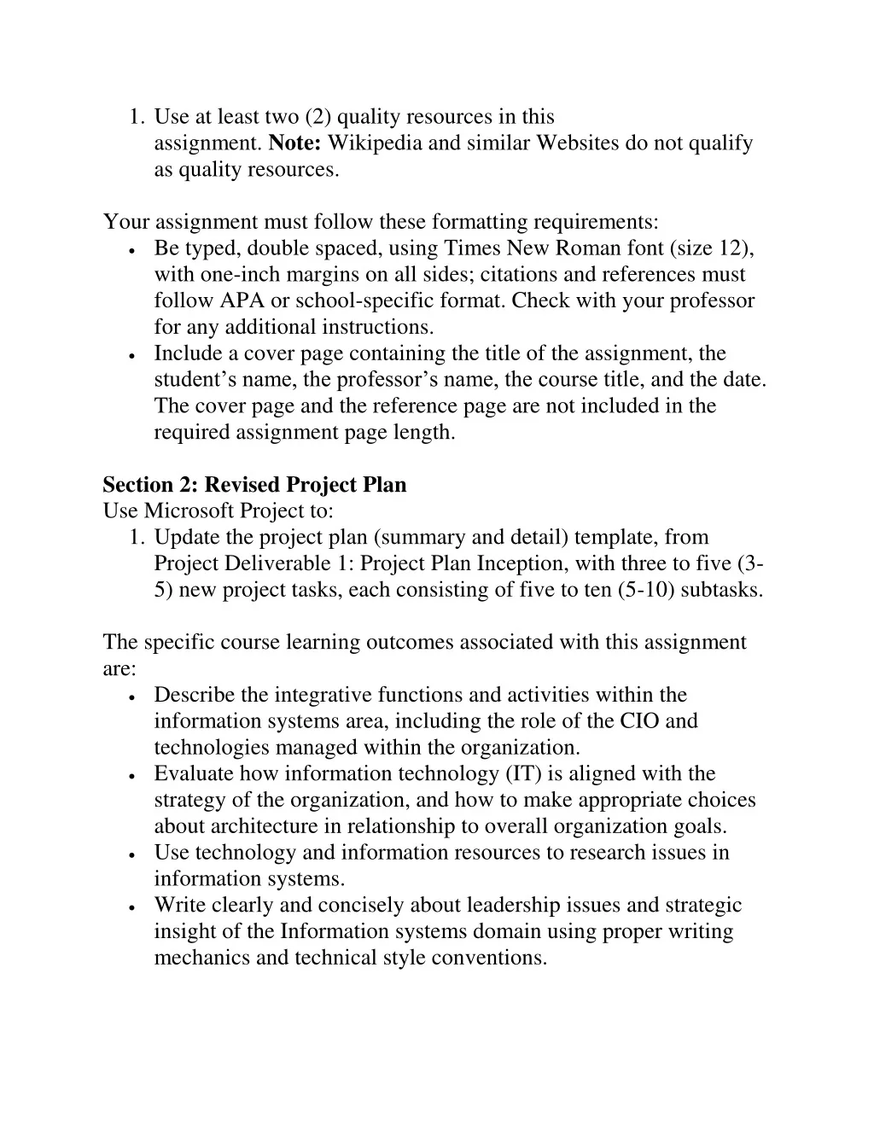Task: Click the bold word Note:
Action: point(295,143)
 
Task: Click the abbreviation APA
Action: point(242,300)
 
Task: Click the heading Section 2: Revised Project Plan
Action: point(254,485)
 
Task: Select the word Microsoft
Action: point(188,510)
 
